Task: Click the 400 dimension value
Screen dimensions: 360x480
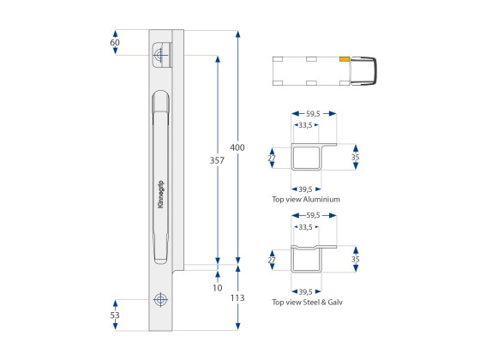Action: [x=237, y=147]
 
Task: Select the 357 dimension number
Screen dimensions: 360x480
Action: [x=218, y=160]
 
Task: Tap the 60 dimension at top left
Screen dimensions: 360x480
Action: [x=115, y=42]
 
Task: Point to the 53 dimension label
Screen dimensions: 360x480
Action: [x=115, y=315]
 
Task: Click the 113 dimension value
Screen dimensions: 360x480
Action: [x=237, y=297]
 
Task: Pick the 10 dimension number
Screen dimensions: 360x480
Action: [x=218, y=288]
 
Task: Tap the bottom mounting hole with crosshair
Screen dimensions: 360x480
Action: [x=159, y=300]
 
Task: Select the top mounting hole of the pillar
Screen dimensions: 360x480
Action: [x=159, y=56]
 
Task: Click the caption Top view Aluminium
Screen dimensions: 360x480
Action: [x=306, y=199]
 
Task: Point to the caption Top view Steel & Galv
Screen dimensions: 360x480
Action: [x=306, y=302]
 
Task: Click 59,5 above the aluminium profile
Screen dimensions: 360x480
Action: [x=313, y=112]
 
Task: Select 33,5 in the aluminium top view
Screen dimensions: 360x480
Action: [x=304, y=125]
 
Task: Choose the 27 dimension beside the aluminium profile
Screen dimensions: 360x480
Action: [x=272, y=158]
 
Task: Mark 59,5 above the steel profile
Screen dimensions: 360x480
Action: [x=313, y=215]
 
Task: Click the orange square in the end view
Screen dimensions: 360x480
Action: [x=344, y=60]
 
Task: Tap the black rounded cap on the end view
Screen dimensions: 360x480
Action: [x=369, y=70]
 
